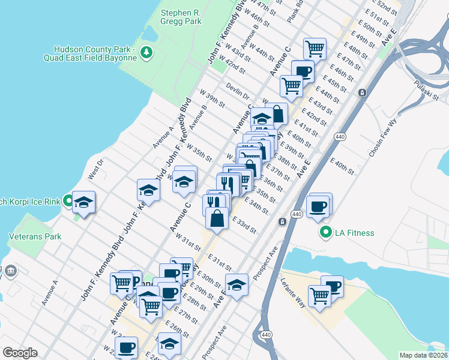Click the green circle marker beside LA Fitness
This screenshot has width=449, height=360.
(x=327, y=233)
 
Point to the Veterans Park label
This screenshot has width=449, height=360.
(x=35, y=236)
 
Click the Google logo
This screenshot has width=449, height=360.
(x=20, y=353)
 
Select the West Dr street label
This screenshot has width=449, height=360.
(x=95, y=169)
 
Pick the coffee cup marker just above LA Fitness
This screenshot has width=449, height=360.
(x=318, y=206)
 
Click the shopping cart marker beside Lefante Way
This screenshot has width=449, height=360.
(x=319, y=295)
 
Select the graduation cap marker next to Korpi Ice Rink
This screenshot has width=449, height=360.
(x=84, y=202)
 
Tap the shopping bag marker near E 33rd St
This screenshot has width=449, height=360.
(x=217, y=218)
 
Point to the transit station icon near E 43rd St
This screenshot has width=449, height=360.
(x=362, y=93)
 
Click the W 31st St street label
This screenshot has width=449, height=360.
(x=188, y=243)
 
